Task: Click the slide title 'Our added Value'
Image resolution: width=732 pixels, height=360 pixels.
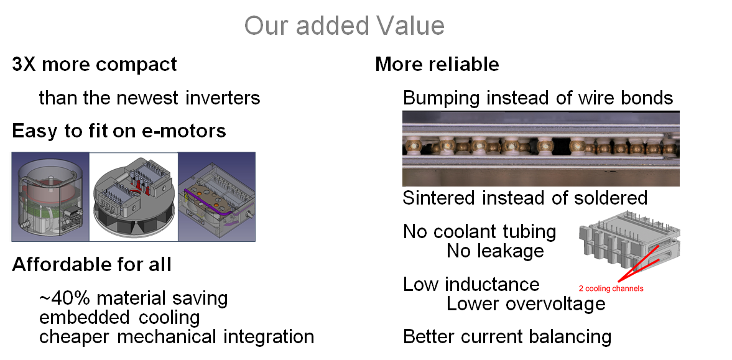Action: (344, 25)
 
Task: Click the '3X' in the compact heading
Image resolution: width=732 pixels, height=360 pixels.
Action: (24, 65)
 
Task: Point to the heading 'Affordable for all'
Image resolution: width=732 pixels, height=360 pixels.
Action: (91, 264)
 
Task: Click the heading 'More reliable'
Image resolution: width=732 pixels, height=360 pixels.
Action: (437, 65)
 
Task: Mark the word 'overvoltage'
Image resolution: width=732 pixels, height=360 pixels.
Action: (555, 304)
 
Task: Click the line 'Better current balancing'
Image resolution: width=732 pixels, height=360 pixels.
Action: (507, 337)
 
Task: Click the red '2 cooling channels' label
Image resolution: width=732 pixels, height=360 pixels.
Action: (611, 288)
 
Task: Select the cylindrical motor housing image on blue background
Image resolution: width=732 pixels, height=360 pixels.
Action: (50, 196)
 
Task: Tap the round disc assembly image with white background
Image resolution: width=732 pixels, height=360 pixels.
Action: (134, 196)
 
